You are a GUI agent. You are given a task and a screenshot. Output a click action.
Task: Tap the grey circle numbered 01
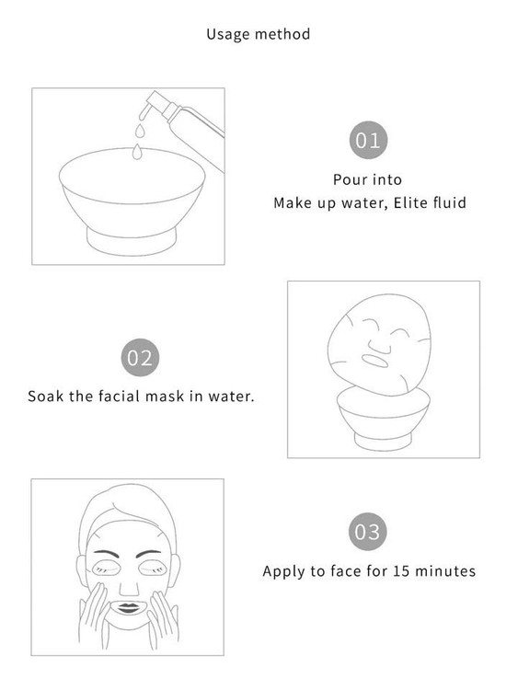[x=368, y=141]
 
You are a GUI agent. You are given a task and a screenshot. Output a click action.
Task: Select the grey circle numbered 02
[x=140, y=357]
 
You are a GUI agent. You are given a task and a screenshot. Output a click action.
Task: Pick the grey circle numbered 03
[x=367, y=532]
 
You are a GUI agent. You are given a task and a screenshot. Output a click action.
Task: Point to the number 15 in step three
[x=401, y=570]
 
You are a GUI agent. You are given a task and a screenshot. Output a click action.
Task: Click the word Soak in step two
[x=45, y=396]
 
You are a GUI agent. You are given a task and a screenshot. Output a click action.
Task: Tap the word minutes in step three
[x=445, y=570]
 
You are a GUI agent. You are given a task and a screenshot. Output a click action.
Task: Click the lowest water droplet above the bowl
[x=137, y=152]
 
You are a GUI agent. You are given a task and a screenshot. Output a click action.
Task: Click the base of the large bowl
[x=132, y=241]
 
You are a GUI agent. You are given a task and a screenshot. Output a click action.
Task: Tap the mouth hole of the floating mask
[x=374, y=361]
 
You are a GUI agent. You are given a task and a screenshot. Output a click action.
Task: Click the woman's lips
[x=128, y=608]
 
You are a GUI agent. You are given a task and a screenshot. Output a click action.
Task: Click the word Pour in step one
[x=347, y=179]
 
